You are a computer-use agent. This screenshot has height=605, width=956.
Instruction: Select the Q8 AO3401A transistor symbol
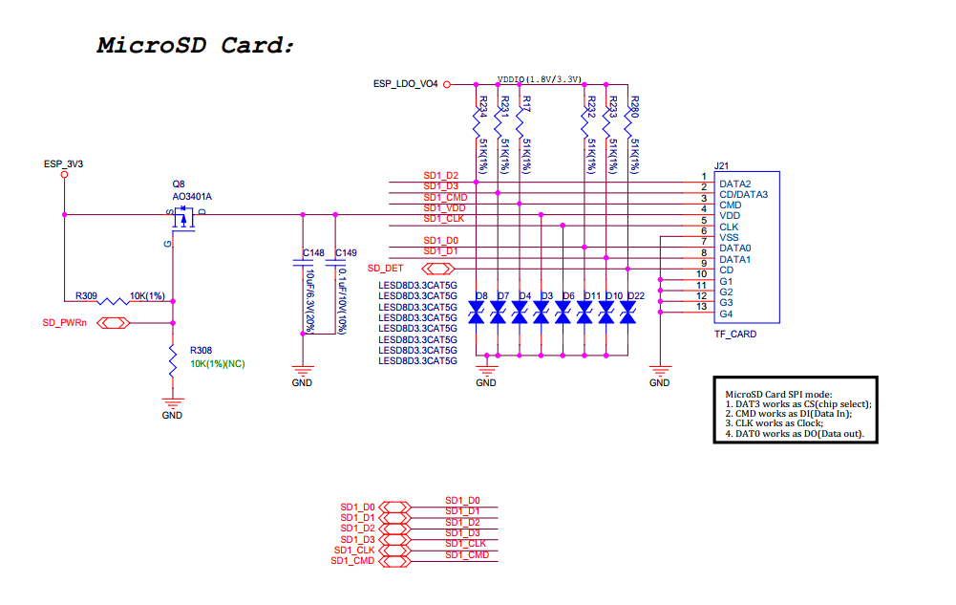point(181,220)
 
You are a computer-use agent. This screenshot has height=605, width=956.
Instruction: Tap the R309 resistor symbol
point(115,300)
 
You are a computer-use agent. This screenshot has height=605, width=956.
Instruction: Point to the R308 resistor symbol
point(173,360)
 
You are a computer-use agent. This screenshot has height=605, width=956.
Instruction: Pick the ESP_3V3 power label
point(63,164)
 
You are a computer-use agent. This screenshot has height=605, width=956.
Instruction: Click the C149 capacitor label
point(346,253)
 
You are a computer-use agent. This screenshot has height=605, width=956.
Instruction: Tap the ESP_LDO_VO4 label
point(405,84)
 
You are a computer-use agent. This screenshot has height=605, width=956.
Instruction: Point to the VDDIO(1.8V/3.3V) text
point(540,79)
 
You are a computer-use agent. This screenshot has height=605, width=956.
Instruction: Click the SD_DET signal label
point(385,269)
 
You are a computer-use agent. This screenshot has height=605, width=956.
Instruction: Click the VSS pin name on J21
point(729,237)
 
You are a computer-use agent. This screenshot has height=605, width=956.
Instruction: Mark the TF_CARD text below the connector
point(735,335)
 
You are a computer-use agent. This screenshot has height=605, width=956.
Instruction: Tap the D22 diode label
point(637,295)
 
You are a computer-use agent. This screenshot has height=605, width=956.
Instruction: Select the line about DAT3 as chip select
point(798,403)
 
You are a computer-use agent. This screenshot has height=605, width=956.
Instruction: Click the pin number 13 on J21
point(703,306)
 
